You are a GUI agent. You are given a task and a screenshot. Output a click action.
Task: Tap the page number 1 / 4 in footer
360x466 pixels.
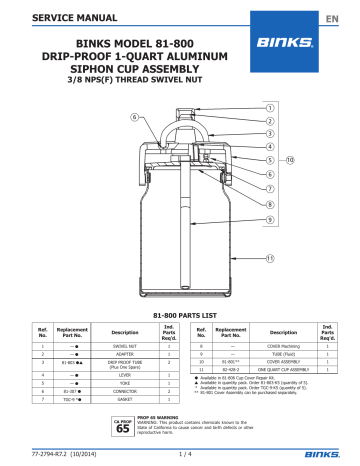tap(179, 457)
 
